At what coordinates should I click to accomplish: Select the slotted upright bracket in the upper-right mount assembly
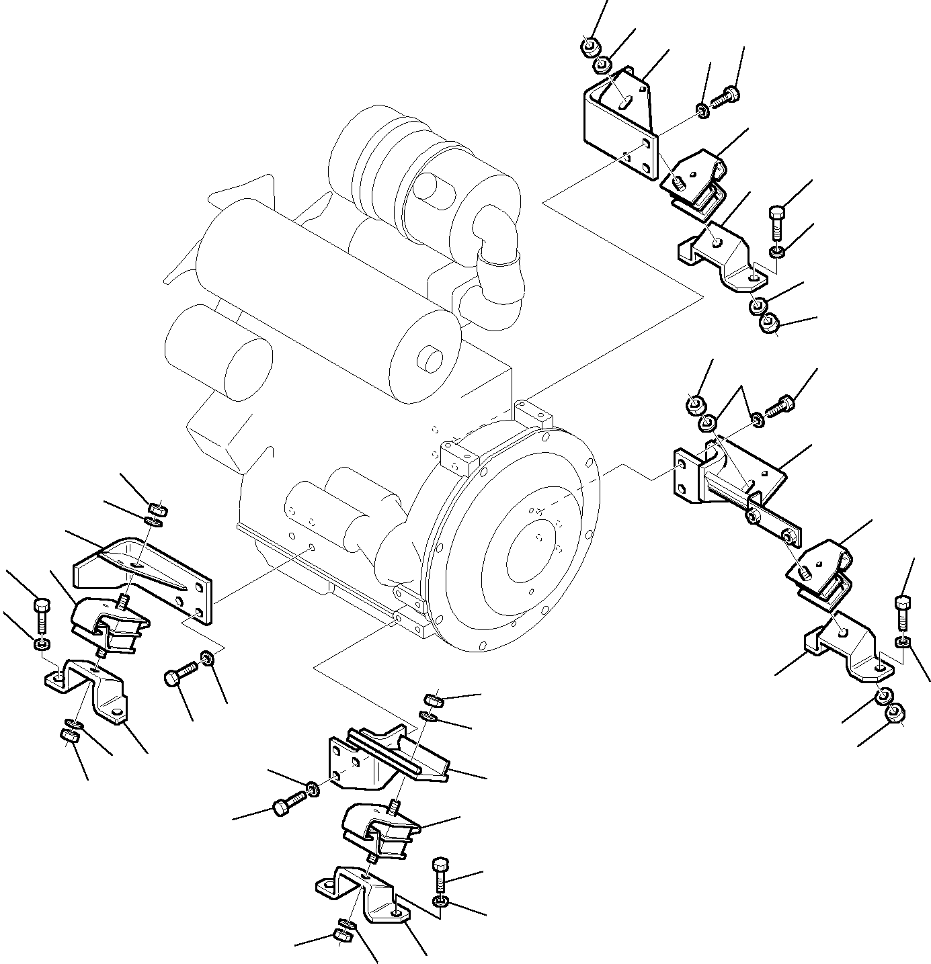tap(618, 124)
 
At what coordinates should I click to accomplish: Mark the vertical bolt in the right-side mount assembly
tap(903, 611)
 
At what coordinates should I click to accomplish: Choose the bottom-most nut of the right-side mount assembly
tap(895, 713)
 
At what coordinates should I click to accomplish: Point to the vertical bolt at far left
tap(40, 615)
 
